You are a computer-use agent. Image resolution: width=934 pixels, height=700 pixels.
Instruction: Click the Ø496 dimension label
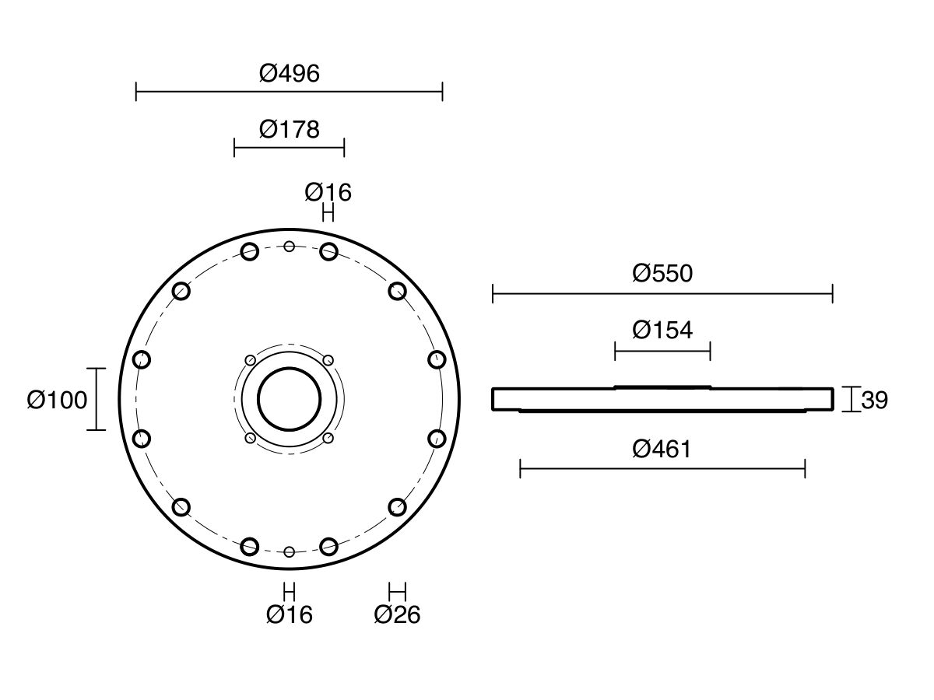[x=290, y=74]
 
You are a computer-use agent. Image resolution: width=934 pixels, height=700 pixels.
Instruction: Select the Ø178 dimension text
[x=290, y=130]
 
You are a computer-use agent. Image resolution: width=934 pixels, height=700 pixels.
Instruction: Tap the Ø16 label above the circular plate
[x=328, y=193]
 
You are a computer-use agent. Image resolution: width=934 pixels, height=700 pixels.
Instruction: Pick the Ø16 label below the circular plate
[x=290, y=614]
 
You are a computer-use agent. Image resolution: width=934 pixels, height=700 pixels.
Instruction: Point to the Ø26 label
[x=398, y=614]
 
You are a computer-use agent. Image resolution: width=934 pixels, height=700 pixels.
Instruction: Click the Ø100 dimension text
[x=57, y=400]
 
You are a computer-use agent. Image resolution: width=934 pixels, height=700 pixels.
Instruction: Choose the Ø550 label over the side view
[x=662, y=273]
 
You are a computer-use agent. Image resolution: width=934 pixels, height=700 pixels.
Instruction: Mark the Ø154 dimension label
[x=662, y=331]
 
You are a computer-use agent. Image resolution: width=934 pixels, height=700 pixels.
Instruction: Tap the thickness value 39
[x=874, y=400]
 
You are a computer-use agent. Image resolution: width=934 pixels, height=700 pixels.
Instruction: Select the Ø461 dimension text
[x=662, y=450]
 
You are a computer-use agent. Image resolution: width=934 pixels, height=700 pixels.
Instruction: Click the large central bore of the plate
[x=290, y=400]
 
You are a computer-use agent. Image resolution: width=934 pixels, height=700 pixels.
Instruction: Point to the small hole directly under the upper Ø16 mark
[x=328, y=251]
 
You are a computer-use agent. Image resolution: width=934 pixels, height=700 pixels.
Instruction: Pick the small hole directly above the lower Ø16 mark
[x=290, y=552]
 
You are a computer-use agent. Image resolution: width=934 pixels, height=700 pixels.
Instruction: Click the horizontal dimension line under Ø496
[x=290, y=91]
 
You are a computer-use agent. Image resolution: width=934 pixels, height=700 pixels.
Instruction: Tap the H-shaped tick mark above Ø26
[x=398, y=592]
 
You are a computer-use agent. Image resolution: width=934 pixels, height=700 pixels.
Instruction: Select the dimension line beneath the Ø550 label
[x=662, y=294]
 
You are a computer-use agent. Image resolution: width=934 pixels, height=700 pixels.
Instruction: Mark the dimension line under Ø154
[x=662, y=352]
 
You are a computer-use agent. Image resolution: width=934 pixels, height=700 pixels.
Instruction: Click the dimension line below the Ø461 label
[x=662, y=469]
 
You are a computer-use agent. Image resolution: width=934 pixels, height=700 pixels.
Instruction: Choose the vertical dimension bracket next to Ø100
[x=97, y=399]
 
